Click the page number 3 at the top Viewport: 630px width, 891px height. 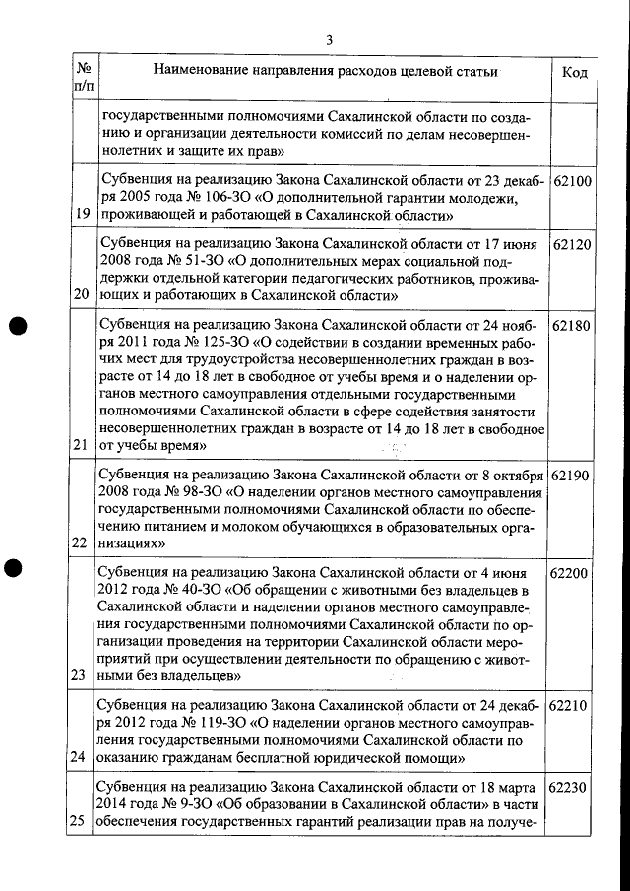coord(330,39)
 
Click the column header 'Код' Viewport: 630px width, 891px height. coord(575,73)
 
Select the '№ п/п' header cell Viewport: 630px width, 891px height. coord(84,79)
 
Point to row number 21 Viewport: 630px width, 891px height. coord(83,445)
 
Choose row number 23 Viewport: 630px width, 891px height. coord(83,676)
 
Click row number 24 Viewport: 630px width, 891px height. coord(83,757)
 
